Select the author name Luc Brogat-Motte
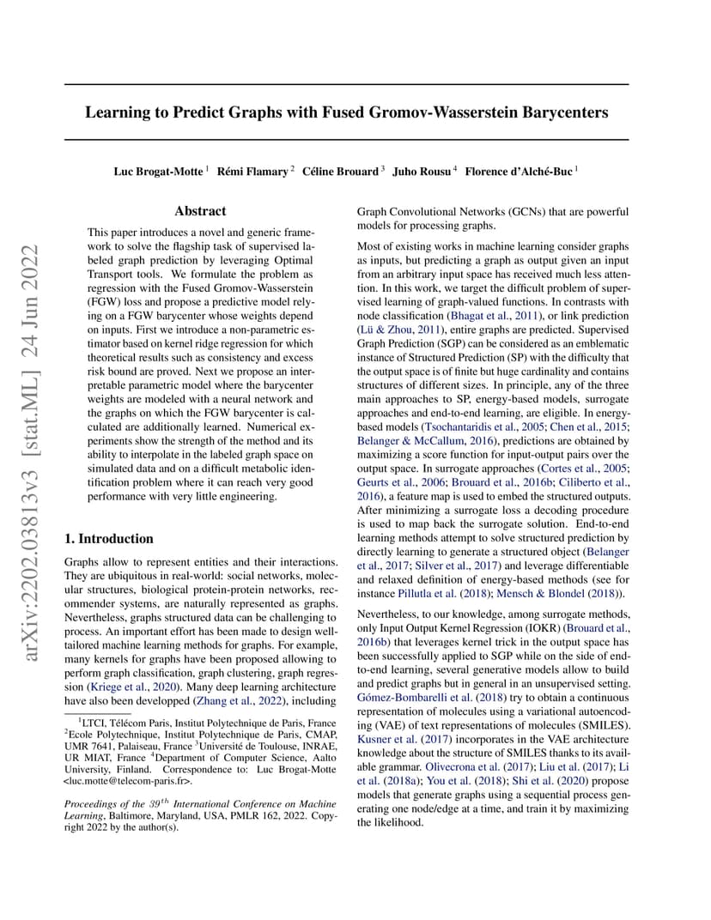click(x=159, y=172)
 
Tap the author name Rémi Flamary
click(x=252, y=172)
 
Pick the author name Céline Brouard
click(x=340, y=172)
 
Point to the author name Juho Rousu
click(x=422, y=172)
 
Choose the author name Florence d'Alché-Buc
click(x=518, y=172)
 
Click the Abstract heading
click(x=200, y=211)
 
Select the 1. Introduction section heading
click(x=109, y=539)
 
